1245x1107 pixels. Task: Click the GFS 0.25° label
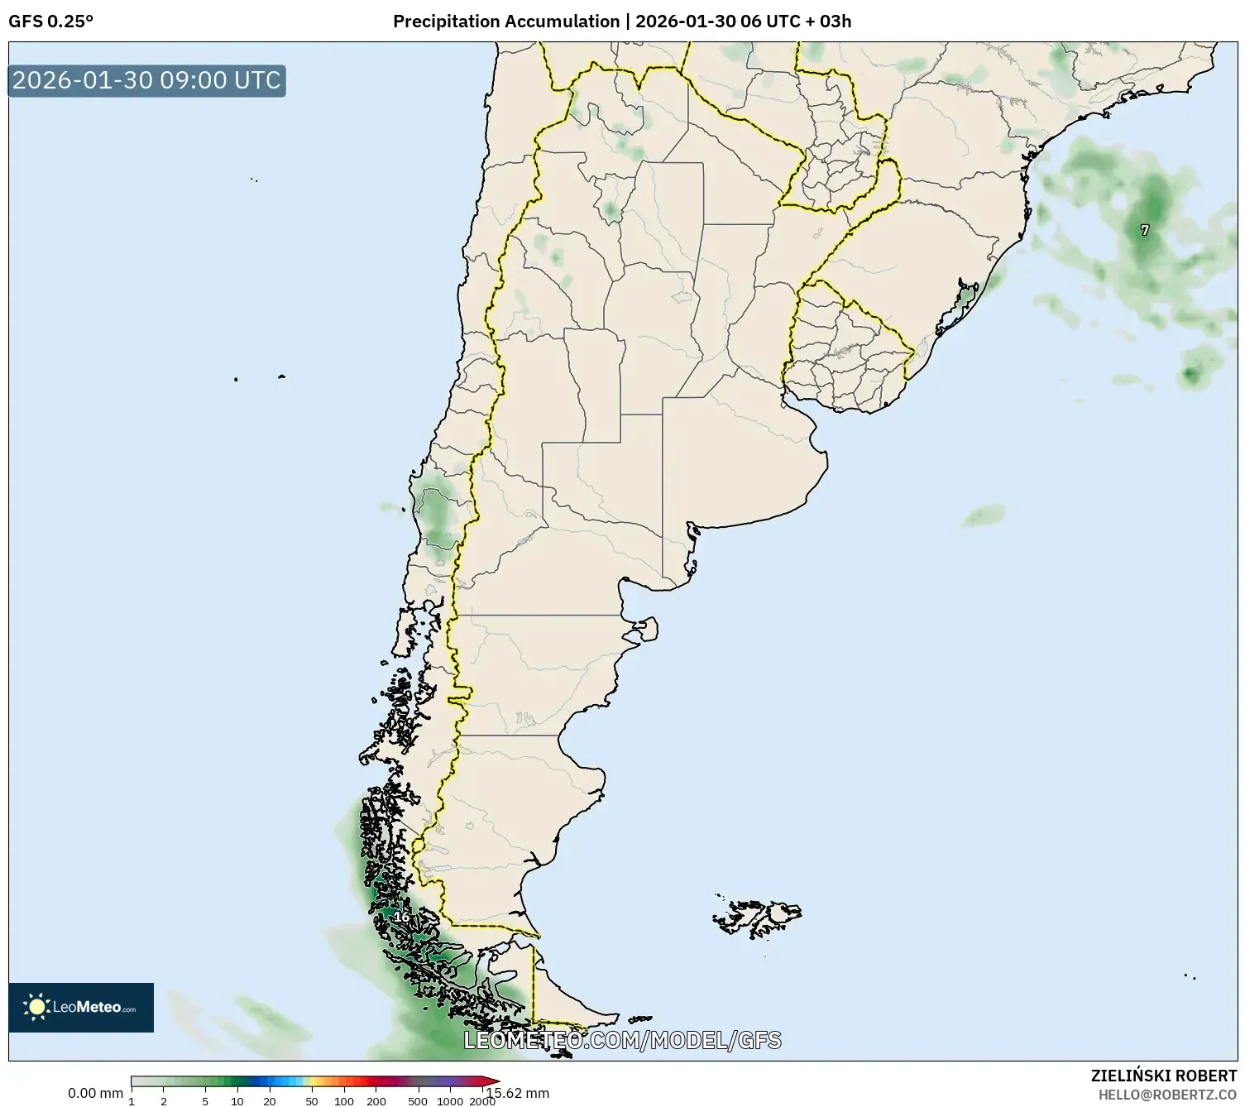(50, 22)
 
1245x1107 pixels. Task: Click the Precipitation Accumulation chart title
(621, 22)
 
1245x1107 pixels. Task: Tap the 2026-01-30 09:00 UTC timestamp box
(146, 80)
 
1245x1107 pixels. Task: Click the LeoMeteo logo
(81, 1007)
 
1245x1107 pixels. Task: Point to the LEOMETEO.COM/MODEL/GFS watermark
(622, 1040)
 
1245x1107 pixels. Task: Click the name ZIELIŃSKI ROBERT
(1164, 1076)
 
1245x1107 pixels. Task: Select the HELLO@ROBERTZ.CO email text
(1167, 1095)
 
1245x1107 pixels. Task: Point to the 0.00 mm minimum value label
(95, 1093)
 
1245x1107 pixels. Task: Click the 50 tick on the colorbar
(312, 1101)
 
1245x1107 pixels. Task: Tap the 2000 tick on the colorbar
(482, 1101)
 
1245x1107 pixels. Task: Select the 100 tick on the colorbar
(344, 1101)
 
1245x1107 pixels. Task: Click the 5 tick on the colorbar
(205, 1101)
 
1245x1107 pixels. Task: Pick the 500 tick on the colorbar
(419, 1101)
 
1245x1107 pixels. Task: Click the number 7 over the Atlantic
(1145, 230)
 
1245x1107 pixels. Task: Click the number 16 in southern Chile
(400, 917)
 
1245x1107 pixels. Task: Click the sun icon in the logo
(37, 1007)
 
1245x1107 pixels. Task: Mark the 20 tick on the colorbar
(270, 1101)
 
